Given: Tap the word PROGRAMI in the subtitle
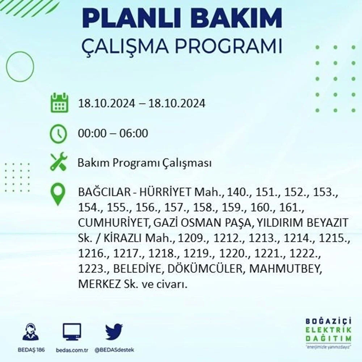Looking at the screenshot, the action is (228, 46).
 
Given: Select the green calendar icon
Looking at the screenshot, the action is (60, 103).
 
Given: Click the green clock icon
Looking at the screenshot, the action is (58, 134).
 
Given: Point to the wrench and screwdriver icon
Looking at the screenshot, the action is (59, 161).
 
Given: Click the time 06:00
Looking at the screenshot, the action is (134, 134).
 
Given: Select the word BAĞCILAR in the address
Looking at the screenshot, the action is (105, 192).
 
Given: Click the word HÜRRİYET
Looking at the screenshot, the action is (165, 192).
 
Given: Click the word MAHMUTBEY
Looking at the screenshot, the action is (285, 269).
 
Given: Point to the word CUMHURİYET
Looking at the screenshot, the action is (113, 223).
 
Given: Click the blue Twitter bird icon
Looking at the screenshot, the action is (114, 332).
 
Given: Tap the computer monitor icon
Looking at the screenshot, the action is (72, 332).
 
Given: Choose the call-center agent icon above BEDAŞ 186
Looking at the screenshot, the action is (31, 332).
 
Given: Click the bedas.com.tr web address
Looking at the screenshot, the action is (72, 350).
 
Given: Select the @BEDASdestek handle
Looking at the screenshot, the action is (114, 350).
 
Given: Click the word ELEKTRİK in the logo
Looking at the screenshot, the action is (329, 330).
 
